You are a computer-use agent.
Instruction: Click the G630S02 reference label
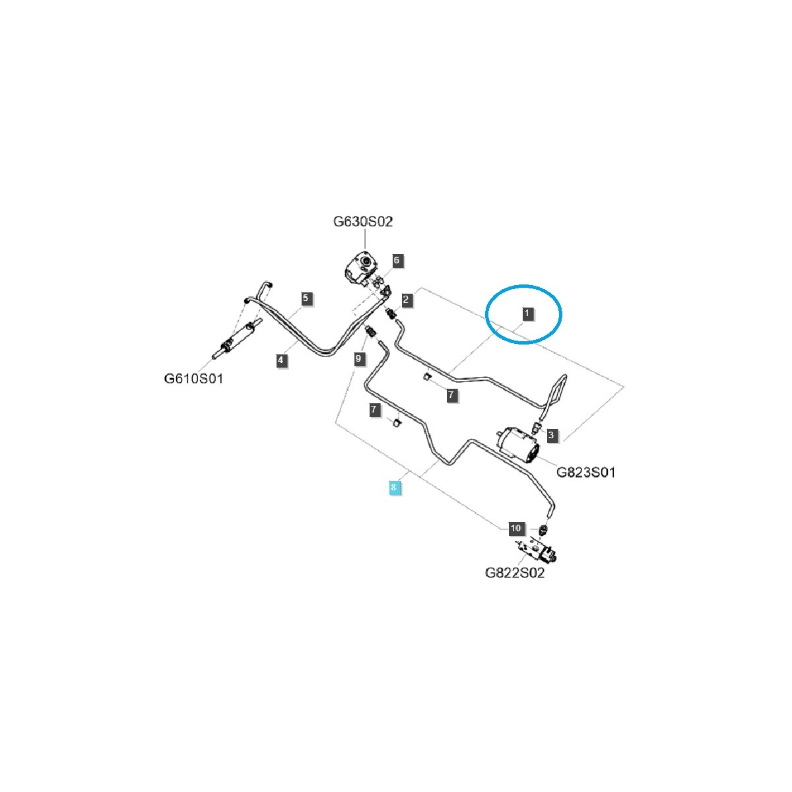(362, 222)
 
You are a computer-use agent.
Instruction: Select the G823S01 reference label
(585, 473)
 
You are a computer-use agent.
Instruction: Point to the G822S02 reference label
(515, 573)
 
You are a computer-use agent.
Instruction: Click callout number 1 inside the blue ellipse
(527, 312)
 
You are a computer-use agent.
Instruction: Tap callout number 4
(281, 360)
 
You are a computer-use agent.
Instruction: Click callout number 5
(306, 298)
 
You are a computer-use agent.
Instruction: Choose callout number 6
(397, 260)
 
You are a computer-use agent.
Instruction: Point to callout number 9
(358, 359)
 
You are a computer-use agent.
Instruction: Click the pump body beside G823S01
(519, 444)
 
